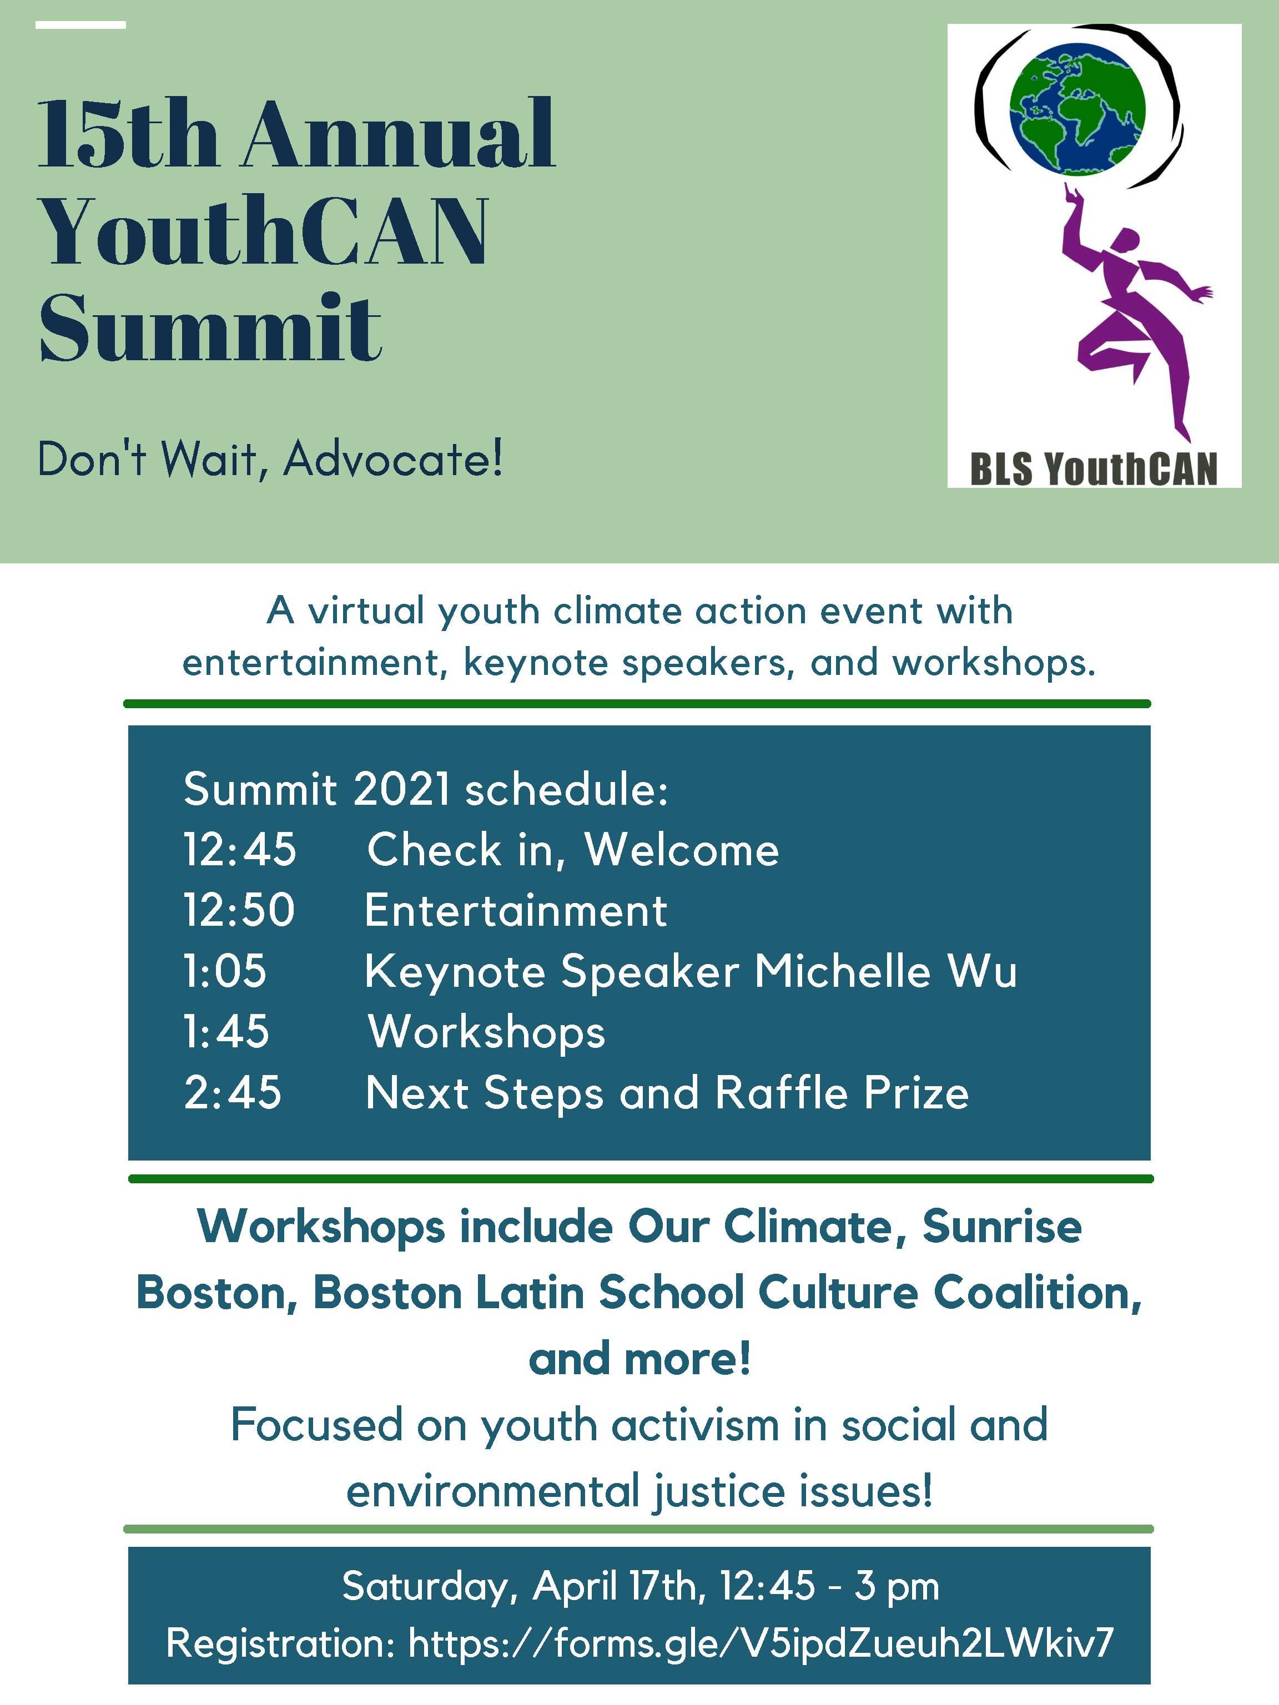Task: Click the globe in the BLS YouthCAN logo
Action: point(1077,109)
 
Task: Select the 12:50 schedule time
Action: point(239,910)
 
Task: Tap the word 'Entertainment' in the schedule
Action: point(516,910)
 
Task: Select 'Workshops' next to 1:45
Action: point(486,1033)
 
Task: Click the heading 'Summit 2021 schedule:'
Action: point(426,790)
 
